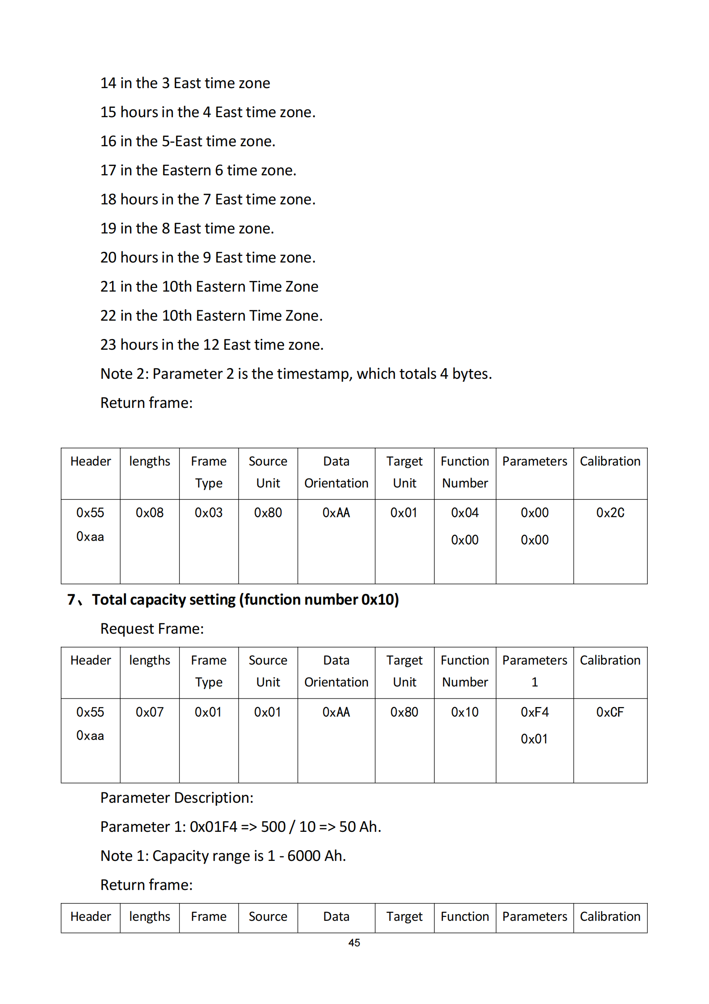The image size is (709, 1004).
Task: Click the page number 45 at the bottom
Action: point(354,942)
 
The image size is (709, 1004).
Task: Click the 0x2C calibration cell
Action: point(610,513)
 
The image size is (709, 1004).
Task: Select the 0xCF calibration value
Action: point(610,712)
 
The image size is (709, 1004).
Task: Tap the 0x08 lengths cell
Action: point(149,513)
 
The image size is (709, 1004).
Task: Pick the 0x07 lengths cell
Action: point(149,712)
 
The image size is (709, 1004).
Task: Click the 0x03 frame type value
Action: point(208,513)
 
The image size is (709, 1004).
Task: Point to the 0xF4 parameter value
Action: point(534,712)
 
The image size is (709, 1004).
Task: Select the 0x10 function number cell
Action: point(465,712)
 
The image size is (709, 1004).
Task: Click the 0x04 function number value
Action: point(465,513)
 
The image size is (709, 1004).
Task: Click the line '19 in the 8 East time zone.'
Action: point(187,228)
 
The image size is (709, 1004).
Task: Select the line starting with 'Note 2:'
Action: point(296,373)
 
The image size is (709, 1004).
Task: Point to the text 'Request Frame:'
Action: point(152,628)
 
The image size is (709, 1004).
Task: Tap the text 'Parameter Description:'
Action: point(176,797)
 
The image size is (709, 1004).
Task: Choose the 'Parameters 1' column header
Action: point(534,671)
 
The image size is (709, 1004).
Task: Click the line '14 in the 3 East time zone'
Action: point(185,83)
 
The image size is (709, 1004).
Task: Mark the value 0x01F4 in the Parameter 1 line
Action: point(213,826)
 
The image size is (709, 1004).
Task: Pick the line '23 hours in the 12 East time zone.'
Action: point(212,344)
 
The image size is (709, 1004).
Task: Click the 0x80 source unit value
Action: point(268,513)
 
